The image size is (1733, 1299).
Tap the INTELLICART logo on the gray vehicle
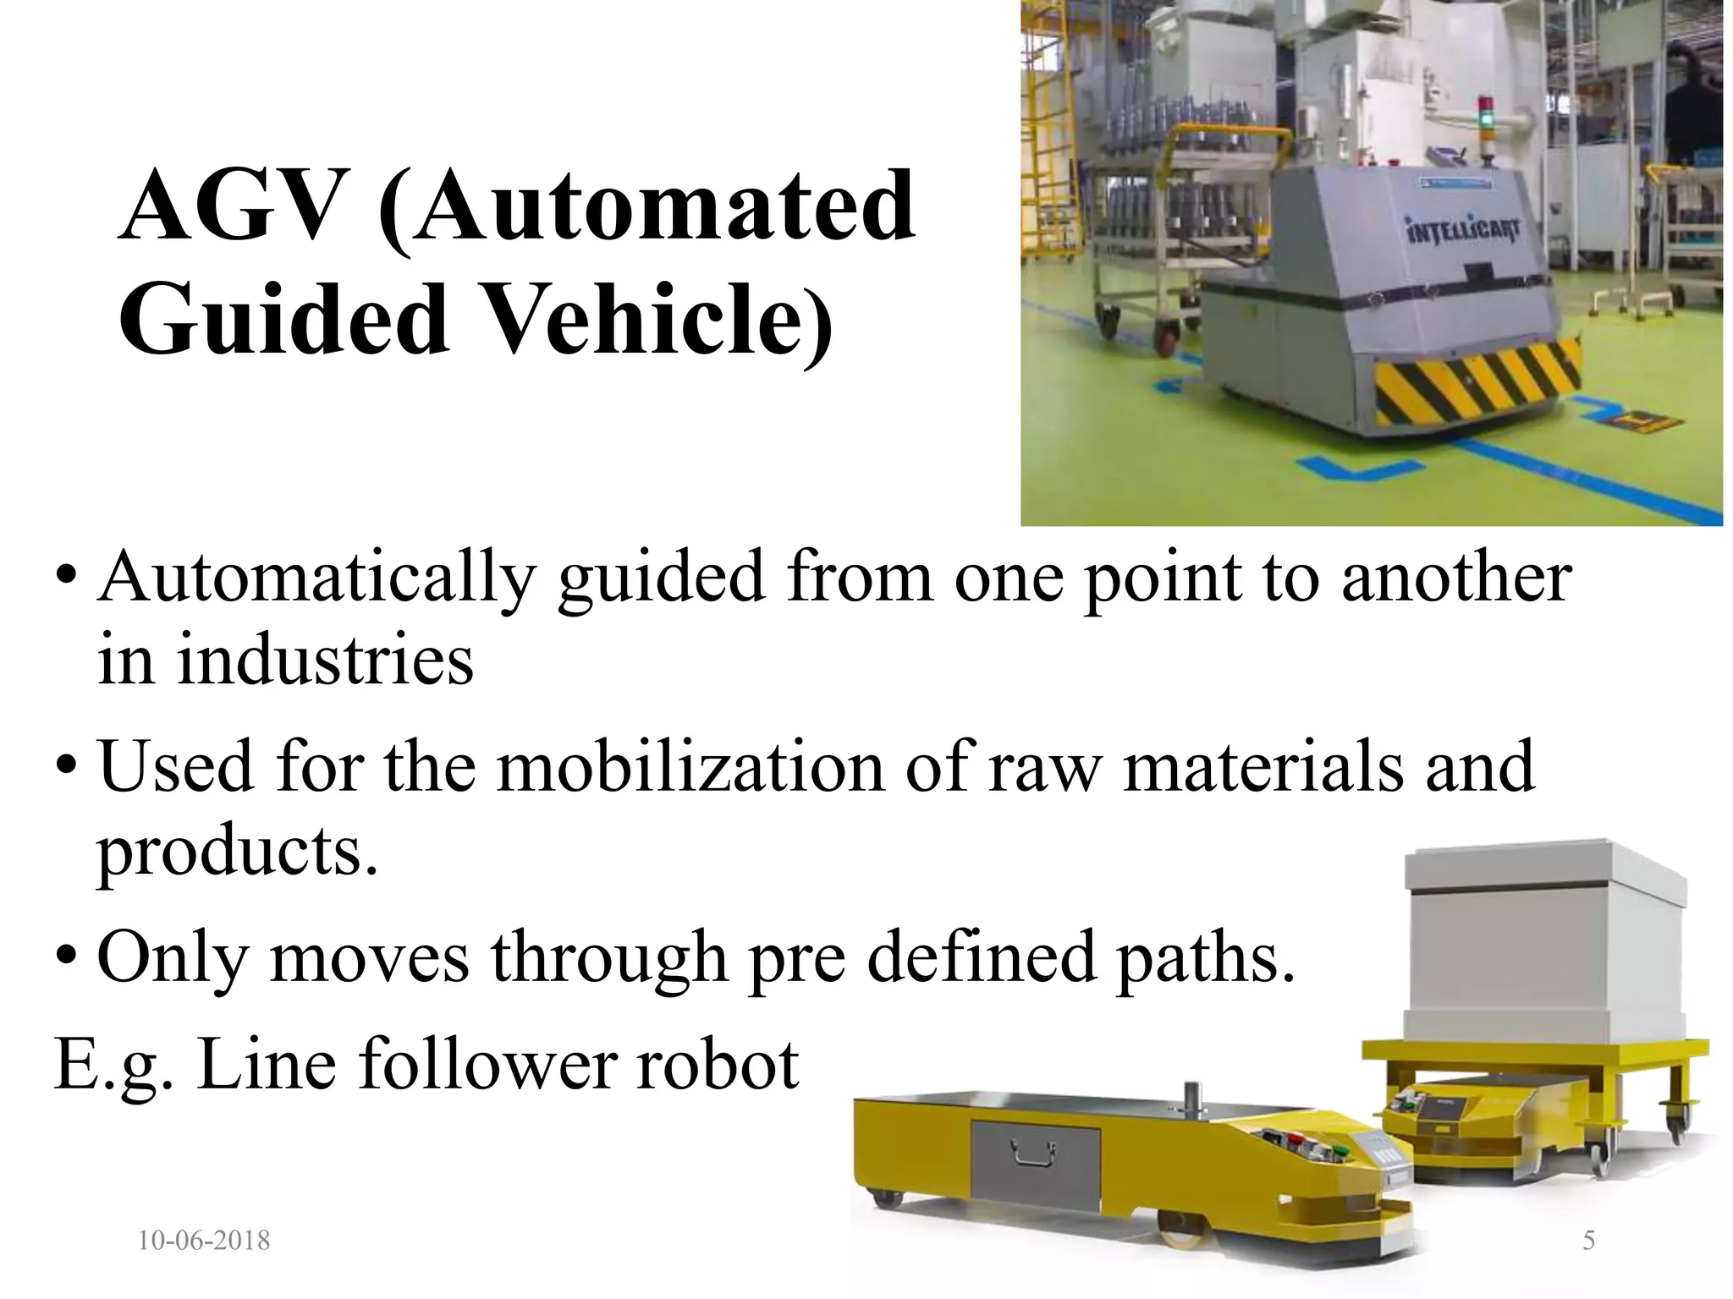tap(1465, 231)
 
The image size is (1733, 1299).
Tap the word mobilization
tap(690, 767)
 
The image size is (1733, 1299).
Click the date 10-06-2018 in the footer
tap(204, 1241)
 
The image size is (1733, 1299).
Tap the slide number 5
tap(1588, 1241)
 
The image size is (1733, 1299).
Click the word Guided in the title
tap(283, 321)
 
